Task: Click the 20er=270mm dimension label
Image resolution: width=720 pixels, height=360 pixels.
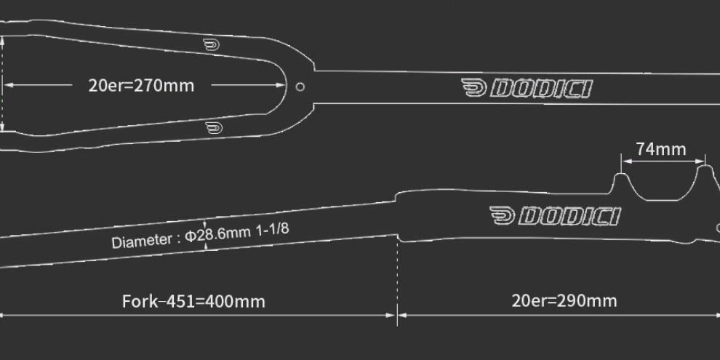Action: (x=141, y=85)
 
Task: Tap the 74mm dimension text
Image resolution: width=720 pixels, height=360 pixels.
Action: (x=660, y=149)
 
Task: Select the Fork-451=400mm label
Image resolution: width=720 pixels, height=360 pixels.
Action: (x=193, y=300)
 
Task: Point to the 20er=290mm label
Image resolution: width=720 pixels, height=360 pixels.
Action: (x=564, y=300)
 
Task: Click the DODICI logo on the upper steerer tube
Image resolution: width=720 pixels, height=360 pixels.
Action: (x=527, y=89)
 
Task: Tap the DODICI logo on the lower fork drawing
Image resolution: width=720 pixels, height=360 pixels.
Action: (x=554, y=216)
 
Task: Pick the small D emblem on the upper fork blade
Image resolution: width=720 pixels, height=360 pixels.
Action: (x=212, y=45)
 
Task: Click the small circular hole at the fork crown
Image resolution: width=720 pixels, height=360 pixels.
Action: (x=300, y=87)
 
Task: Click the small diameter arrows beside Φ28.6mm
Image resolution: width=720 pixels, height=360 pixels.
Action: (x=206, y=235)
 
